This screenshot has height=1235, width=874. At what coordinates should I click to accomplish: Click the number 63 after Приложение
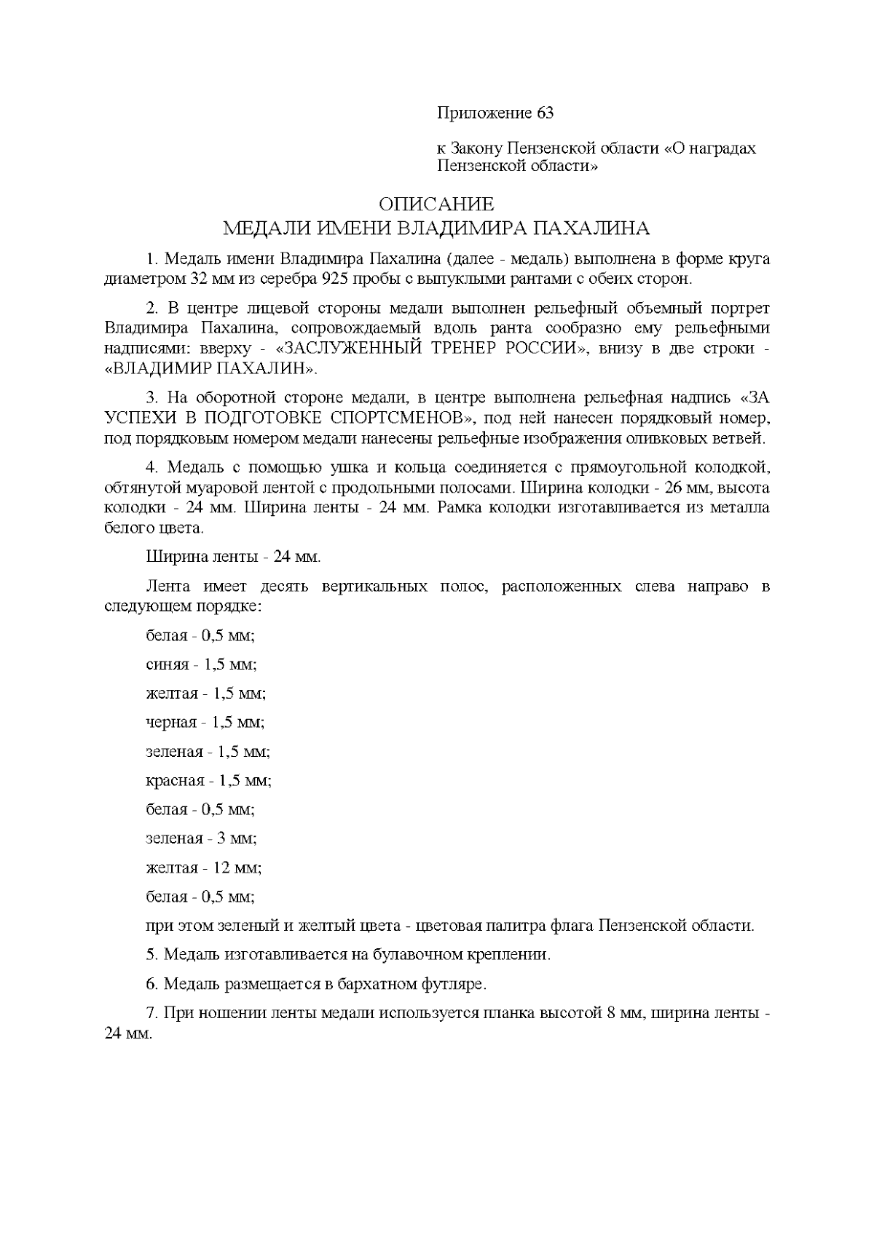tap(545, 114)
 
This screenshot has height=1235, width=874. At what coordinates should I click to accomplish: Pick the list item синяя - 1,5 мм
tap(202, 664)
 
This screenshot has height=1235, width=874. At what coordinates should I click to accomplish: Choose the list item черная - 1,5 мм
tap(205, 722)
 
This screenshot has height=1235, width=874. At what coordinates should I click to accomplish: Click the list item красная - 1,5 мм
tap(209, 780)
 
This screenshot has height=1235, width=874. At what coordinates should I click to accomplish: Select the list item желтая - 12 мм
tap(204, 867)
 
